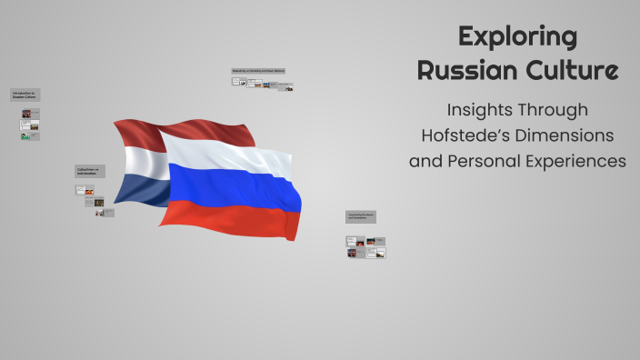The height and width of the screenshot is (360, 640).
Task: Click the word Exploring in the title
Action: click(x=517, y=37)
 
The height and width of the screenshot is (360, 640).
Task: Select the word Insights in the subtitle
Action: click(x=482, y=110)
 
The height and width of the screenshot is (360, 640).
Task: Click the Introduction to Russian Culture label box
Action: click(x=25, y=95)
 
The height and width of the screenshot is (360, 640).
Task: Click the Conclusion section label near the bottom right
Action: click(x=360, y=216)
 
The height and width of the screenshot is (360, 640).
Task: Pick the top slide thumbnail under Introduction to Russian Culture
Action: click(x=26, y=114)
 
